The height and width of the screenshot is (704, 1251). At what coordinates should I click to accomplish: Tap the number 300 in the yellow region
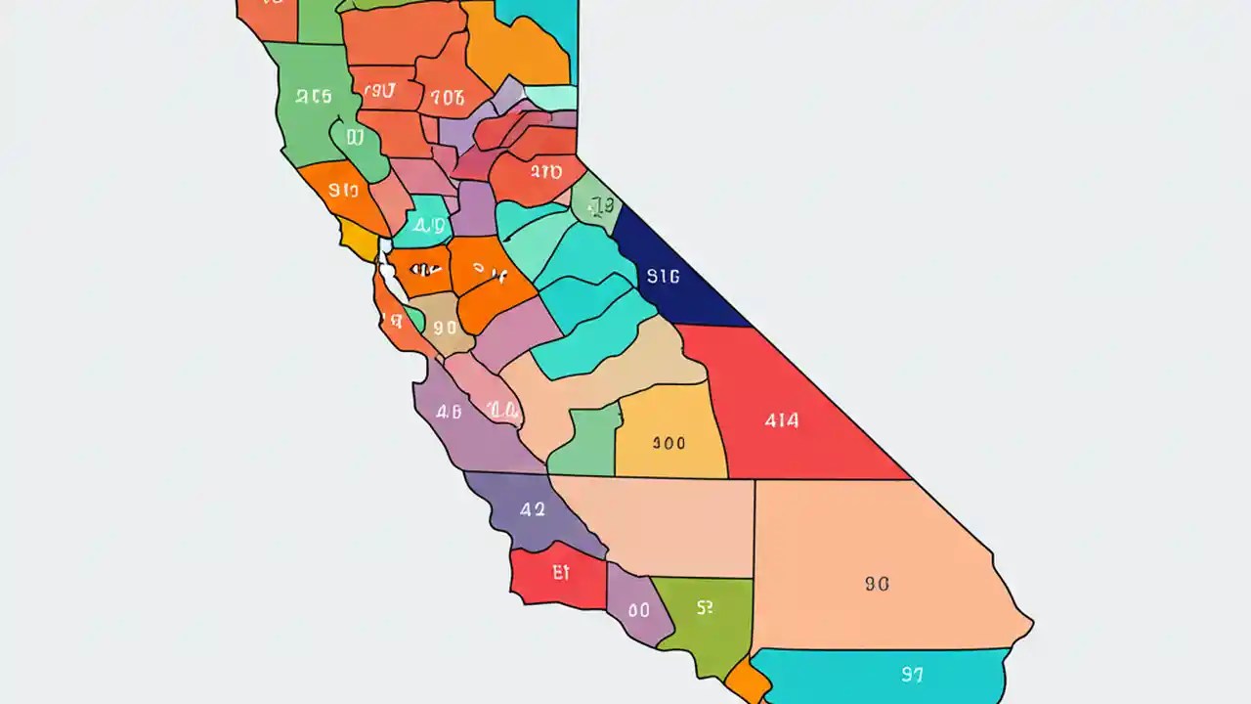[669, 443]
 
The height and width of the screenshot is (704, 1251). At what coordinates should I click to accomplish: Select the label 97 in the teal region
[912, 674]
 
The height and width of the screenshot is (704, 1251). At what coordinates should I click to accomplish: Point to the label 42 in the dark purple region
[533, 509]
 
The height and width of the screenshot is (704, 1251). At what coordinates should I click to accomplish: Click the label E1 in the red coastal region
[560, 573]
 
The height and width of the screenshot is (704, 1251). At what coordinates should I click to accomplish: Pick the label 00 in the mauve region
[638, 610]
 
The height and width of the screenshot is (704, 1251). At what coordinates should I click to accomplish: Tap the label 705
[448, 97]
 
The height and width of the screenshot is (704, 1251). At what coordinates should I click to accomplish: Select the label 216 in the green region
[314, 97]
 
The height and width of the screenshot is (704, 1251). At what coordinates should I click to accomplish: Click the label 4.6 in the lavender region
[449, 412]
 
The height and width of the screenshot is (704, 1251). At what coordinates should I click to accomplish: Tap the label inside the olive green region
[705, 607]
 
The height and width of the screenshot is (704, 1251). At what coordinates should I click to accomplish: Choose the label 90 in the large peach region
[877, 584]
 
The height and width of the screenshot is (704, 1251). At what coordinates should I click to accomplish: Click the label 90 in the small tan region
[445, 329]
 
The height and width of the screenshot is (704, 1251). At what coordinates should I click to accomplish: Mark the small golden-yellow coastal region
[357, 238]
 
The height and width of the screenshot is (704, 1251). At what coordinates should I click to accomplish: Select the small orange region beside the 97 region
[748, 679]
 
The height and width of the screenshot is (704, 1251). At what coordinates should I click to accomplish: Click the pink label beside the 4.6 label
[502, 411]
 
